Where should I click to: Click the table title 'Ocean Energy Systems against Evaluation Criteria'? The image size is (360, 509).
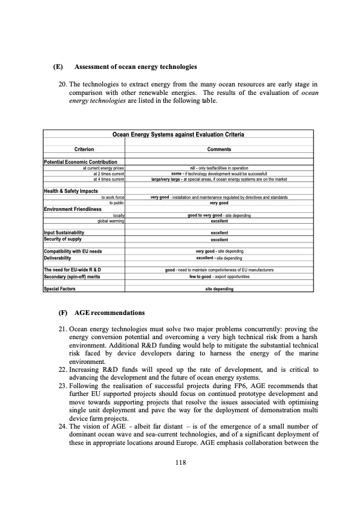point(178,134)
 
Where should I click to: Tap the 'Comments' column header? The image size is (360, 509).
point(219,149)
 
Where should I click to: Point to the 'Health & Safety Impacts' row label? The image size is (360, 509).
point(71,192)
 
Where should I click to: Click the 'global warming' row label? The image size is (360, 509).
point(111,221)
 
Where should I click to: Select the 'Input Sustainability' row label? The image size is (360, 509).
point(64,233)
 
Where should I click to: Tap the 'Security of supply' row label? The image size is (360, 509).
point(63,239)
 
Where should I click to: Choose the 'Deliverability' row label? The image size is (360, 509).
point(59,258)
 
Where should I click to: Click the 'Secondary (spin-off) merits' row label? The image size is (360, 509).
point(74,276)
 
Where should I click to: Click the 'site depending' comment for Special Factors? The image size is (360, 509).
point(219,289)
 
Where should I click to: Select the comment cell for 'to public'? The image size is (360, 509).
point(219,203)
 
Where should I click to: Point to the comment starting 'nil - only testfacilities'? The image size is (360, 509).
point(219,167)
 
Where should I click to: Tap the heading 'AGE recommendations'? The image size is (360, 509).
point(110,313)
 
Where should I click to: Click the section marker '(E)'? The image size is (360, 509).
point(58,66)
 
